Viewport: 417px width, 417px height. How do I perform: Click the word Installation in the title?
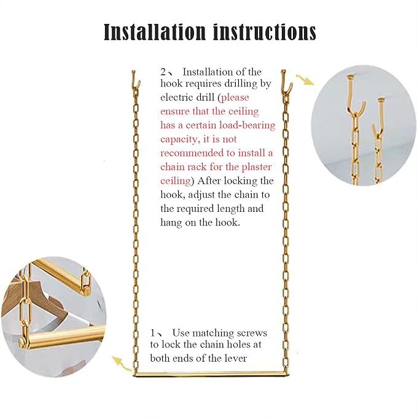point(155,32)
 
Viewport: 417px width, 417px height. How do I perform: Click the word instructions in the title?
point(265,32)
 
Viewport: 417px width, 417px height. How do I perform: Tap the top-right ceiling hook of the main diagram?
point(287,81)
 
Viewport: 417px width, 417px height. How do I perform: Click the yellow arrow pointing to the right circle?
point(305,80)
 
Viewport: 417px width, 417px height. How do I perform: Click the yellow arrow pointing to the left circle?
point(121,364)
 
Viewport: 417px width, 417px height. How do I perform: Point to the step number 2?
point(163,72)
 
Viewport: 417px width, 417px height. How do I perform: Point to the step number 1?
point(152,333)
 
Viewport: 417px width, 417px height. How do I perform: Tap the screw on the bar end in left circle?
point(22,341)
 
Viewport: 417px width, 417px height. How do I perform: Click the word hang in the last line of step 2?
point(171,222)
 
